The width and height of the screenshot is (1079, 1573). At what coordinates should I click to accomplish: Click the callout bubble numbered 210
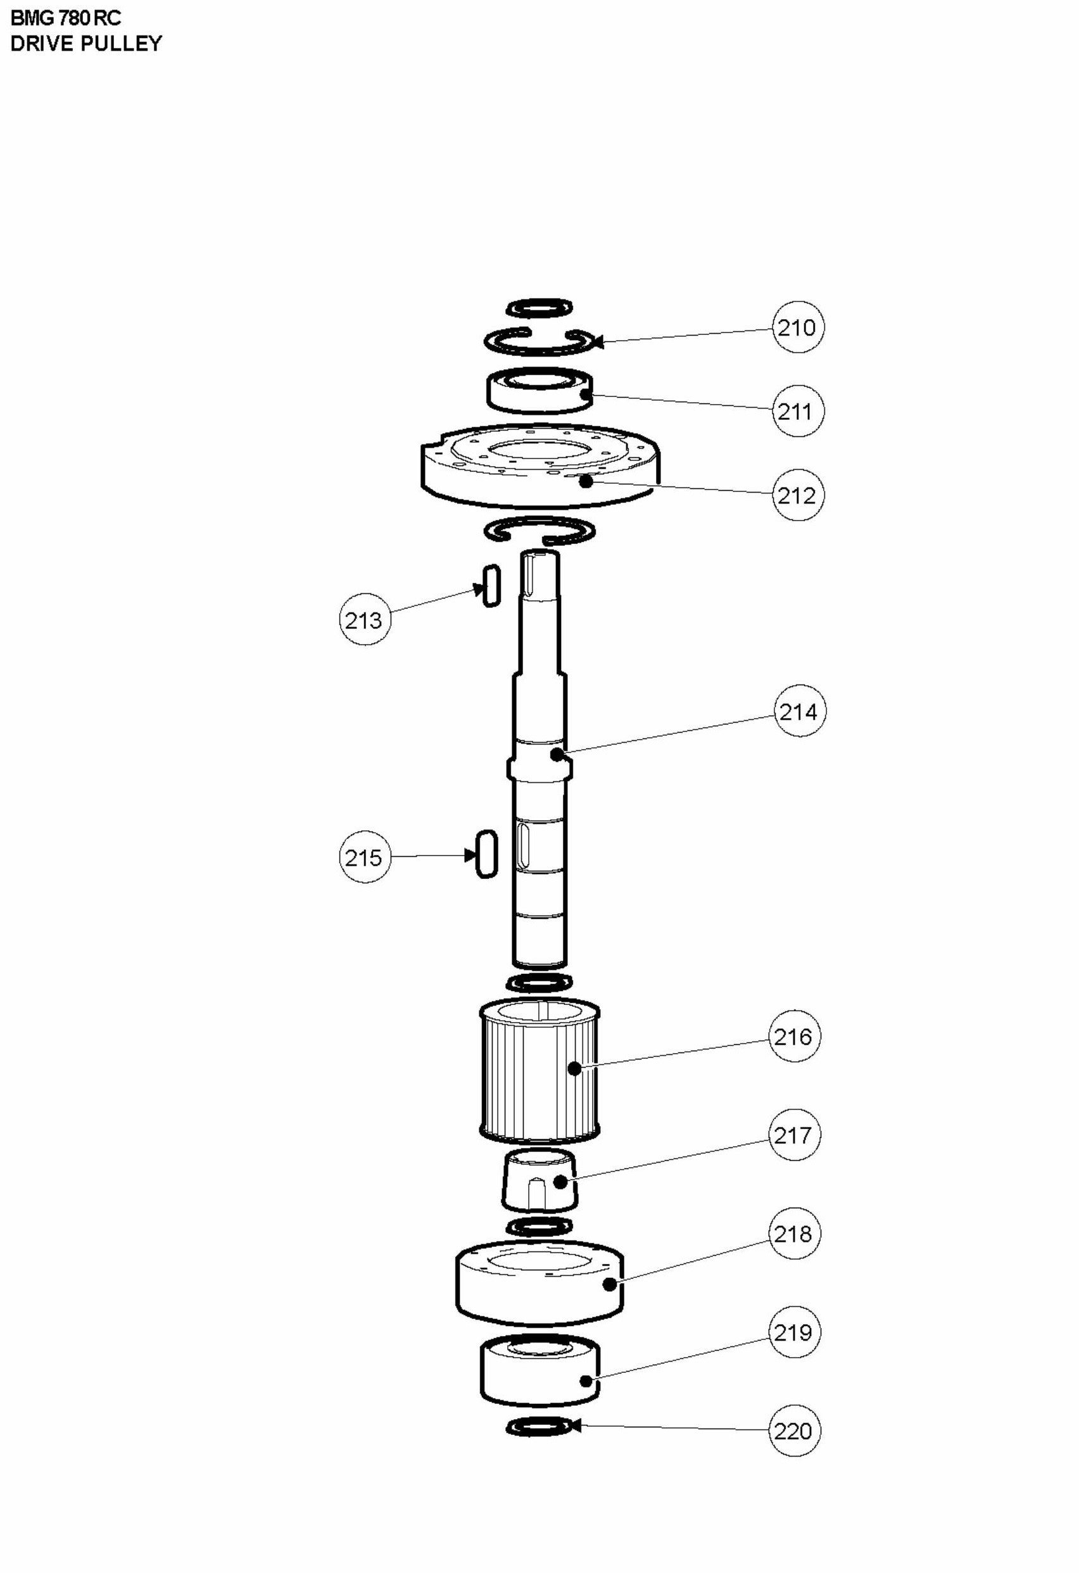797,327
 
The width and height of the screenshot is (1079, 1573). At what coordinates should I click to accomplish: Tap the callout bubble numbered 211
797,411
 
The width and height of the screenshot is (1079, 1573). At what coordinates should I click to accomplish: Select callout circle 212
797,495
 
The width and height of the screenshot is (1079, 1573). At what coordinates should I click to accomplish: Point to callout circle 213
364,619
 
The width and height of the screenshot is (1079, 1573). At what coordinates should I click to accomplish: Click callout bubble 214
799,711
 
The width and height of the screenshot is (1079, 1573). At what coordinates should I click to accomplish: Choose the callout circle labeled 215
364,857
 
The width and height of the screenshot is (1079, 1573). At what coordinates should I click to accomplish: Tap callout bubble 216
794,1036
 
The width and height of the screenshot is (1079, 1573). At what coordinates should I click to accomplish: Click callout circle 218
794,1234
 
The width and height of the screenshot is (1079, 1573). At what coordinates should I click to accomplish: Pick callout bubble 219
794,1333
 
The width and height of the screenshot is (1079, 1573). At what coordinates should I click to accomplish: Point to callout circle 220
794,1431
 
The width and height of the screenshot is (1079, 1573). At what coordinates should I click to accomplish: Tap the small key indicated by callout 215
487,854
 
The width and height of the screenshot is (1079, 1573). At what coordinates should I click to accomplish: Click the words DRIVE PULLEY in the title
86,43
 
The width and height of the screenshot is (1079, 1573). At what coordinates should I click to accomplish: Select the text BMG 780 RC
66,18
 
